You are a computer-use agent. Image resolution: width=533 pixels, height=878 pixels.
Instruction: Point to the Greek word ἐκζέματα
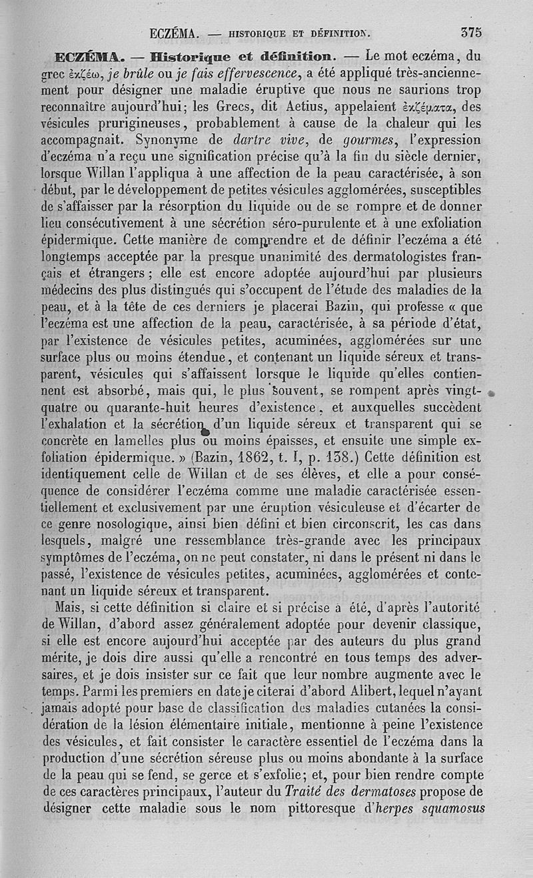432,105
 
